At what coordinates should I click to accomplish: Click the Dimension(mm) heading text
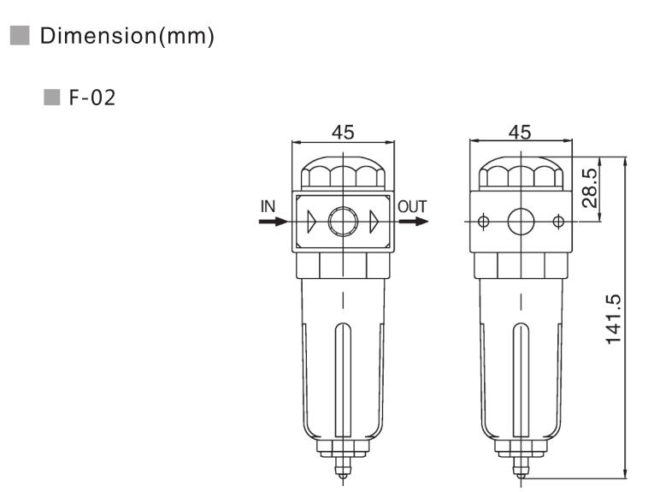[x=127, y=37]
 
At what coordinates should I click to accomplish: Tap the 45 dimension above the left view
[x=343, y=132]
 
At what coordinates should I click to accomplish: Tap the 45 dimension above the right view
[x=519, y=132]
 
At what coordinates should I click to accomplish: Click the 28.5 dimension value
[x=589, y=188]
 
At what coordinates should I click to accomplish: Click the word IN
[x=268, y=205]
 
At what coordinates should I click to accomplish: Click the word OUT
[x=412, y=205]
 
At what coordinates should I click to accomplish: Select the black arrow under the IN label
[x=273, y=222]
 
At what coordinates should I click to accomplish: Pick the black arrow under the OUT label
[x=413, y=222]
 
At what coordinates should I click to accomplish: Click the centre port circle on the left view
[x=343, y=222]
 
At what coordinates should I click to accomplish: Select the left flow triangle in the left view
[x=311, y=222]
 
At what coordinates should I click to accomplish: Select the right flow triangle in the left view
[x=374, y=222]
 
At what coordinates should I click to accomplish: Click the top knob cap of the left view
[x=343, y=175]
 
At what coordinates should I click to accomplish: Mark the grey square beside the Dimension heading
[x=19, y=36]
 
